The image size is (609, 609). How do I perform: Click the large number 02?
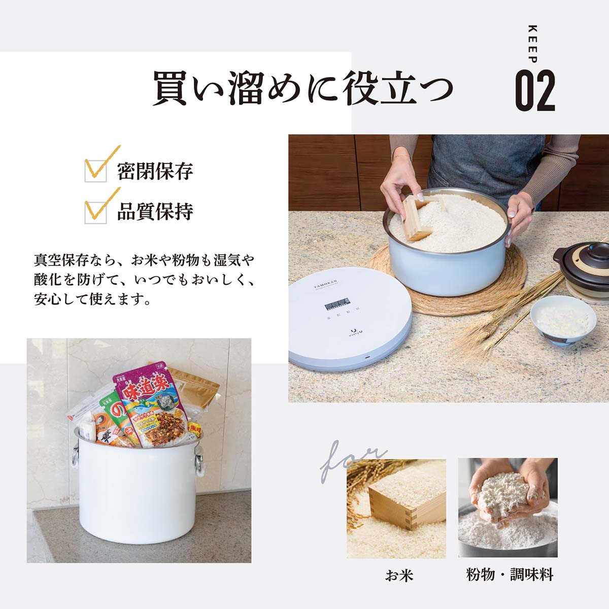pyautogui.click(x=535, y=91)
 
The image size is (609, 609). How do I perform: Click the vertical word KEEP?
pyautogui.click(x=532, y=44)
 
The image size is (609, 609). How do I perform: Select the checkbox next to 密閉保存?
pyautogui.click(x=96, y=171)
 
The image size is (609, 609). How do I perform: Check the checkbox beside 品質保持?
pyautogui.click(x=96, y=212)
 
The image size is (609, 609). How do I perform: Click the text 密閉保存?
pyautogui.click(x=155, y=172)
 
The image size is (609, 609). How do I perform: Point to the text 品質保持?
pyautogui.click(x=155, y=212)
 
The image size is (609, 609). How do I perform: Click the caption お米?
pyautogui.click(x=399, y=576)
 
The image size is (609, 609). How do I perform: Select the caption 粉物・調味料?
pyautogui.click(x=509, y=575)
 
